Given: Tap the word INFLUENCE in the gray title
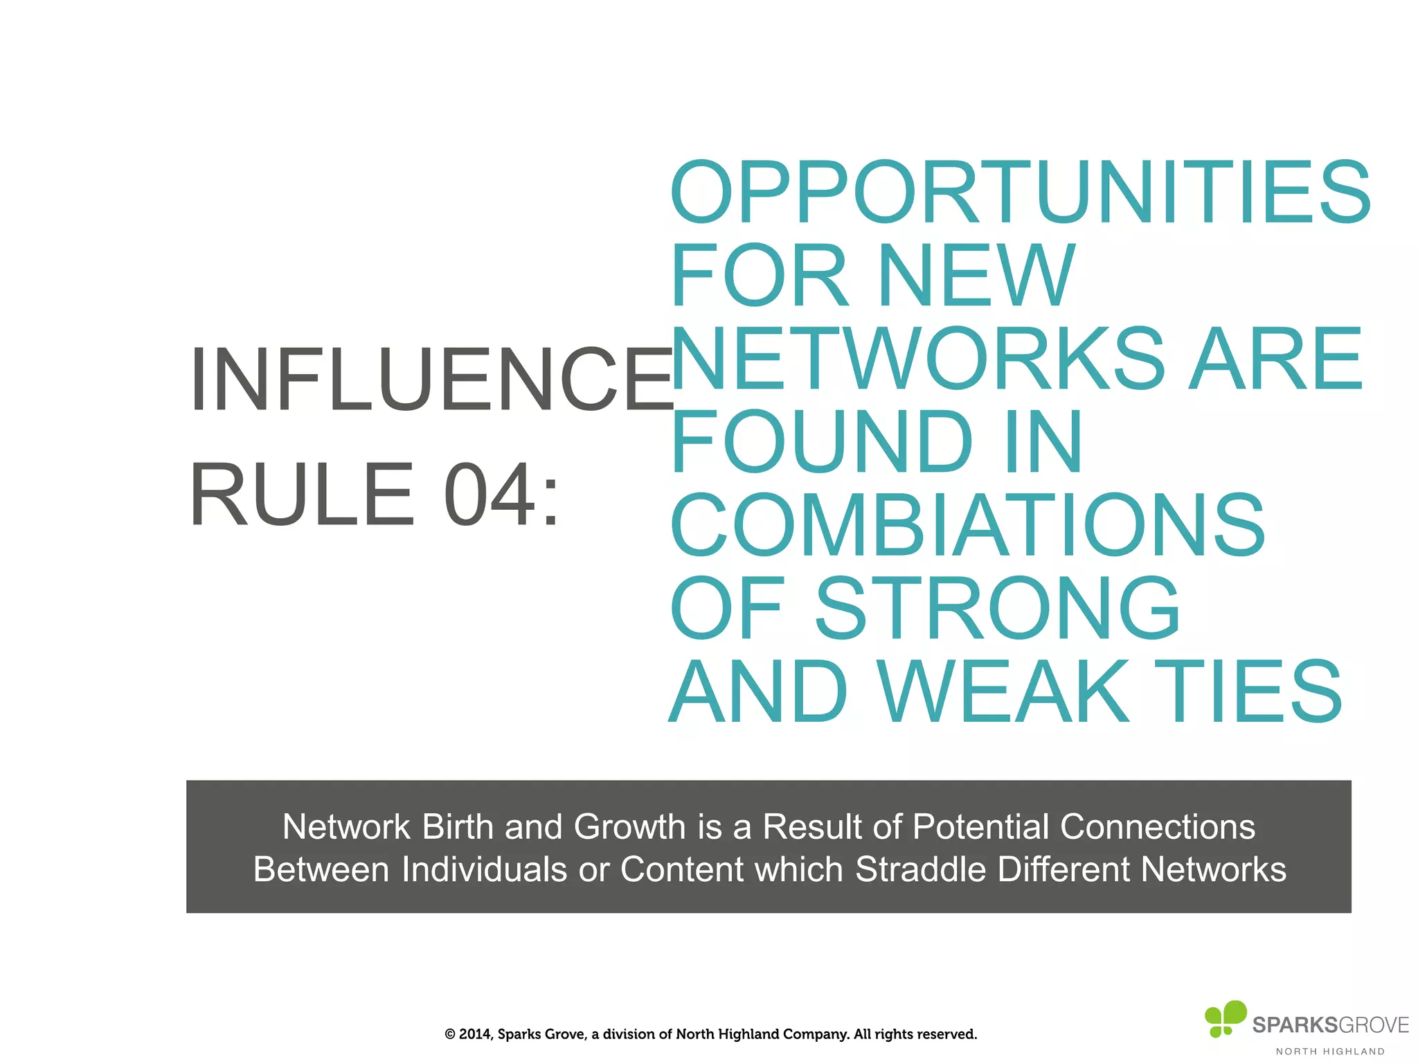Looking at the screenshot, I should [431, 380].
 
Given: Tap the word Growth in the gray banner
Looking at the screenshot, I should [629, 826].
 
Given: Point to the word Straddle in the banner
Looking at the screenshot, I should [920, 869].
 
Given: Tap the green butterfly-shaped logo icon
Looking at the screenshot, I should [1225, 1018].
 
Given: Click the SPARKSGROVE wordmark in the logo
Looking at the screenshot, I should [1330, 1025].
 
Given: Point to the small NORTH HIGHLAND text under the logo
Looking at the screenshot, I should [1330, 1052].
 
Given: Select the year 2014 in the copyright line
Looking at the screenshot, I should [475, 1034].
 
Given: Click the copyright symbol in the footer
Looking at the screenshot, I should [450, 1034].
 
